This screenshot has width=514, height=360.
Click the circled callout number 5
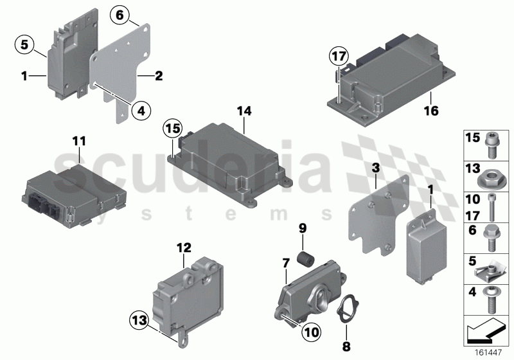(x=24, y=44)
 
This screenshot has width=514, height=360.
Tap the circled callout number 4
(x=141, y=111)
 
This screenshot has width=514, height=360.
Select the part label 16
(x=430, y=111)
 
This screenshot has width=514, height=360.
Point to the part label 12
(x=184, y=247)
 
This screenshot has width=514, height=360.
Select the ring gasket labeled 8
(x=348, y=303)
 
